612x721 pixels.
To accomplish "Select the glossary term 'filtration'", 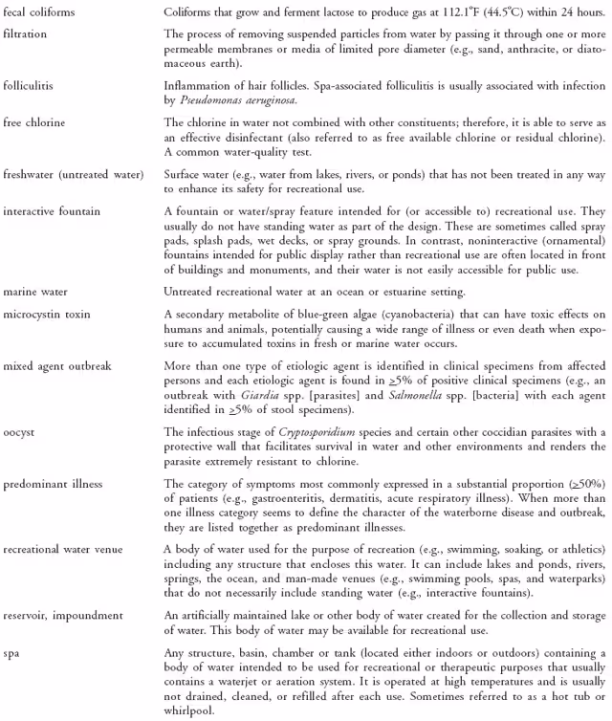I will click(x=27, y=33).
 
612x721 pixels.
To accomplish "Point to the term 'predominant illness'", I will click(x=52, y=483).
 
